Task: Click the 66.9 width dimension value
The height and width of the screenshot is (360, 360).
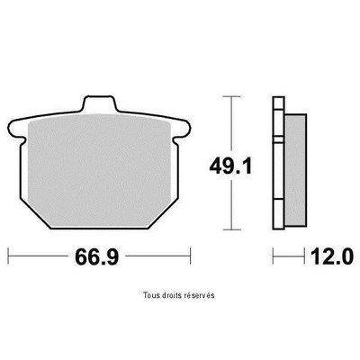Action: [97, 256]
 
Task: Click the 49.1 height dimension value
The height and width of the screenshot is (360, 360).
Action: [230, 166]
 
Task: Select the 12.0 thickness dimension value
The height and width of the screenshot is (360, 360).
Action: [331, 256]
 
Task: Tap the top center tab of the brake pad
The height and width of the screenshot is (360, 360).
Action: [99, 103]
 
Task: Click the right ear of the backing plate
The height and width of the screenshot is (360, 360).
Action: [182, 129]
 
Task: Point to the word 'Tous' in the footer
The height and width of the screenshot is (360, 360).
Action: [150, 295]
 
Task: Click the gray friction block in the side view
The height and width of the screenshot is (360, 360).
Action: [295, 170]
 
